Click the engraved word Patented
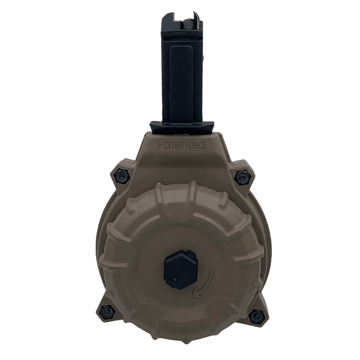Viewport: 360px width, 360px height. (181, 145)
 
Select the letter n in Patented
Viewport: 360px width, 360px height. (185, 145)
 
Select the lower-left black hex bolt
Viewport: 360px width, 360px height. (107, 309)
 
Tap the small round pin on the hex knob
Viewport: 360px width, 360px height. (175, 280)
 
